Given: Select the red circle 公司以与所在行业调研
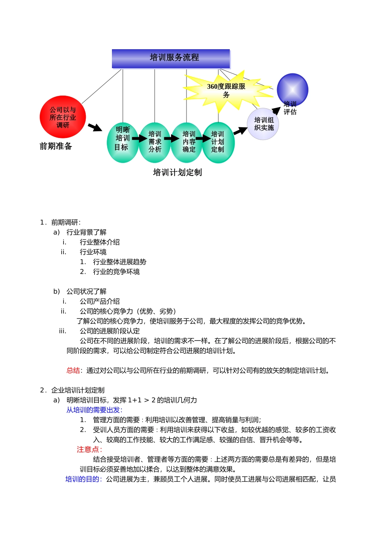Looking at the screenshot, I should [x=63, y=117].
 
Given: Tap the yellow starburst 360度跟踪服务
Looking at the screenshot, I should [x=226, y=90].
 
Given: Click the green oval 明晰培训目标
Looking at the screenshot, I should [x=123, y=142].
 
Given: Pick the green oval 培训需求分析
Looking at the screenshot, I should [x=155, y=142].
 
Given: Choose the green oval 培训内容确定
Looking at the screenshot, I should [x=187, y=142].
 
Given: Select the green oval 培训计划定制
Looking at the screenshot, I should [x=218, y=142].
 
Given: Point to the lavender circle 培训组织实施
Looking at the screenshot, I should [x=263, y=124].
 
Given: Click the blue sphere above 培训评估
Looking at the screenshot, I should [x=292, y=89].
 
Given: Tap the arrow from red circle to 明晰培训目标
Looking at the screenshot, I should [x=95, y=127].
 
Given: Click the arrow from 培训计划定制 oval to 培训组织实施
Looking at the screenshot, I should [x=240, y=130].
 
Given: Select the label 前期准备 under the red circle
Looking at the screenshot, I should [x=56, y=146].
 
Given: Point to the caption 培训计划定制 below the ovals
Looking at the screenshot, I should [x=177, y=173].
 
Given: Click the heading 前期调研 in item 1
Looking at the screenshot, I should [x=65, y=222].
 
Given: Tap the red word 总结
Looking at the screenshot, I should [x=73, y=370].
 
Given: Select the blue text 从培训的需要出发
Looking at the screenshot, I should [x=94, y=410].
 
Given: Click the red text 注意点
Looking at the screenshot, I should [x=89, y=449].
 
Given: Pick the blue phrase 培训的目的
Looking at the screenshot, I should [x=83, y=479].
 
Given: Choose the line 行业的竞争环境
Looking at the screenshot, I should [x=116, y=272].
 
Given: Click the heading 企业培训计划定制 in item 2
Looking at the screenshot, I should [x=78, y=390].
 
